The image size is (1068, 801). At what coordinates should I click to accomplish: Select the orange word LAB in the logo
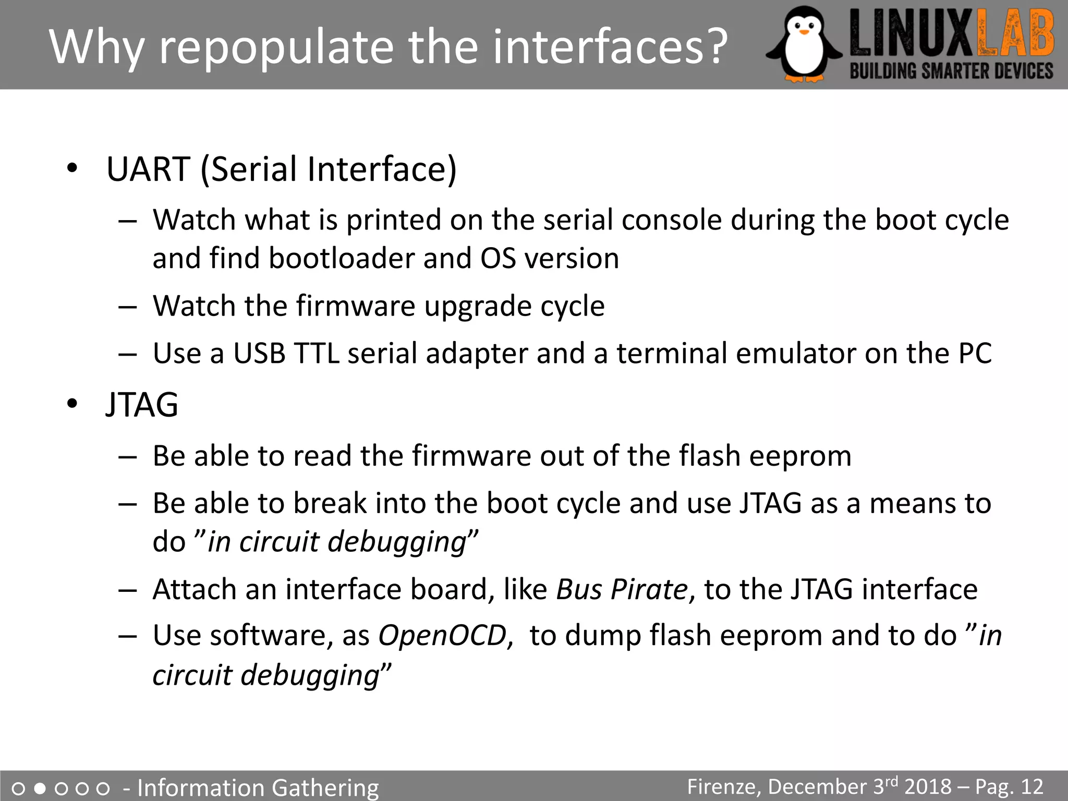pyautogui.click(x=1015, y=34)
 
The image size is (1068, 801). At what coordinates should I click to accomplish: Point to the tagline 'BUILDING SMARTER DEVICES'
pyautogui.click(x=951, y=71)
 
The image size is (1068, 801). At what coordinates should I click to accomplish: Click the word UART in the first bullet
pyautogui.click(x=148, y=169)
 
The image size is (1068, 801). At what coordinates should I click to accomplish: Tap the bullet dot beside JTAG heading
pyautogui.click(x=72, y=404)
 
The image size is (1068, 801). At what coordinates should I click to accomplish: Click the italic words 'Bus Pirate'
pyautogui.click(x=622, y=590)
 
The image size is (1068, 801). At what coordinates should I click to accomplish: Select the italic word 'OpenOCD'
pyautogui.click(x=442, y=636)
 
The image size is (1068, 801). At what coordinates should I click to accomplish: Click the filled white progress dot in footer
pyautogui.click(x=40, y=788)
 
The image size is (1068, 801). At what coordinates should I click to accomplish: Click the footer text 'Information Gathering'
pyautogui.click(x=258, y=787)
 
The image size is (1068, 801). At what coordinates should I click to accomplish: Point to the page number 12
pyautogui.click(x=1031, y=787)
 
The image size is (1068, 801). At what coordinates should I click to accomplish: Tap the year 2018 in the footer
pyautogui.click(x=928, y=787)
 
